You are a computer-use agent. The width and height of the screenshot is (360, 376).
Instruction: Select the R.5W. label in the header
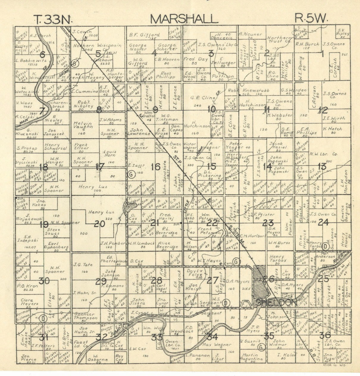coord(311,19)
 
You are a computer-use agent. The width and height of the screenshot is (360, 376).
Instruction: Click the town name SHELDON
coord(276,303)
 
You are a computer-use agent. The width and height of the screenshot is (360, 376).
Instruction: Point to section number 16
coord(155,167)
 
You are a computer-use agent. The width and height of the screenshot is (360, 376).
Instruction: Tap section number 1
coord(322,54)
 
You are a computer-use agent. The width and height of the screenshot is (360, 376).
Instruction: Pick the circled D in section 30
coord(43,319)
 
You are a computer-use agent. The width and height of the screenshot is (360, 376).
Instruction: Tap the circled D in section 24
coord(326,246)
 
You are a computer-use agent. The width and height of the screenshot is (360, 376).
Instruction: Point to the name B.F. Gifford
coord(145,35)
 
